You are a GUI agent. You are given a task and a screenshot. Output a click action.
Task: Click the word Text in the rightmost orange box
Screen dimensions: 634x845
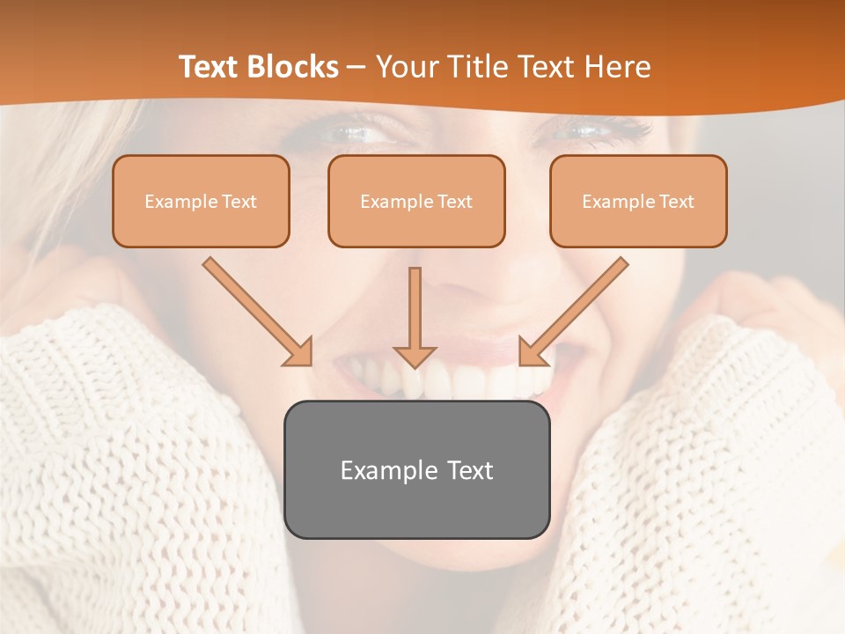coord(676,202)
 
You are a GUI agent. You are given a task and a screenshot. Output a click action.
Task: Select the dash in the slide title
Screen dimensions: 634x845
coord(356,67)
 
